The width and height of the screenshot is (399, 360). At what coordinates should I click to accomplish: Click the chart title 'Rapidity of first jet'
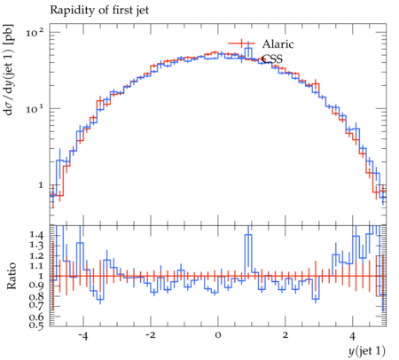tap(99, 11)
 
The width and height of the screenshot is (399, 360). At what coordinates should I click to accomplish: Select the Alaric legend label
tap(278, 44)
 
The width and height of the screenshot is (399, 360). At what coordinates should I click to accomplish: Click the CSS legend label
tap(272, 59)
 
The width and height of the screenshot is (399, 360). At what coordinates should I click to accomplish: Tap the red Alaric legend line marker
tap(241, 43)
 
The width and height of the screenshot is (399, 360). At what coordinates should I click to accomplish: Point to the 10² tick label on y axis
tap(35, 32)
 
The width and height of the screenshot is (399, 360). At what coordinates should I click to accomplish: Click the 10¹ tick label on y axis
tap(35, 108)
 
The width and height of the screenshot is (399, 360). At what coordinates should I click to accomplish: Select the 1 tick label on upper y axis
tap(41, 185)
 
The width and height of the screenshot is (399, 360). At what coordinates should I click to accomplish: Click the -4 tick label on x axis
tap(83, 336)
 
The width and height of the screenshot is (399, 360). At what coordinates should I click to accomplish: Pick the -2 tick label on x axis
tap(151, 336)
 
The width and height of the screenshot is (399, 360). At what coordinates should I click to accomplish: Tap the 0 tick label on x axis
tap(218, 336)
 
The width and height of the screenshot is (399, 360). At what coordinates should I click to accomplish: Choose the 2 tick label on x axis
tap(286, 336)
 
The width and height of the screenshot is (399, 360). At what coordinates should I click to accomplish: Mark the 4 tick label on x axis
tap(352, 336)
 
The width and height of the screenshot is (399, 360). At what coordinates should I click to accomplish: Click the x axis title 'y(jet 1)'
tap(367, 351)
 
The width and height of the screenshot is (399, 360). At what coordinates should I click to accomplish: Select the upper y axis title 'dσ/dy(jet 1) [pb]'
tap(9, 69)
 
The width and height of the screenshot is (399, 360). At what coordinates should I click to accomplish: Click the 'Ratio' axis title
tap(11, 276)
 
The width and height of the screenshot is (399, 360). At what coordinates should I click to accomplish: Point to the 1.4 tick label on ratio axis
tap(37, 235)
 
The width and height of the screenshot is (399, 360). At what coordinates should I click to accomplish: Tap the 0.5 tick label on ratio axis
tap(37, 325)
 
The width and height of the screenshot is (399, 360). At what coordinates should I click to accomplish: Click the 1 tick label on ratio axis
tap(41, 277)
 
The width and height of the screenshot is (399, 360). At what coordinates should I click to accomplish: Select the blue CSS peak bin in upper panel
tap(248, 52)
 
